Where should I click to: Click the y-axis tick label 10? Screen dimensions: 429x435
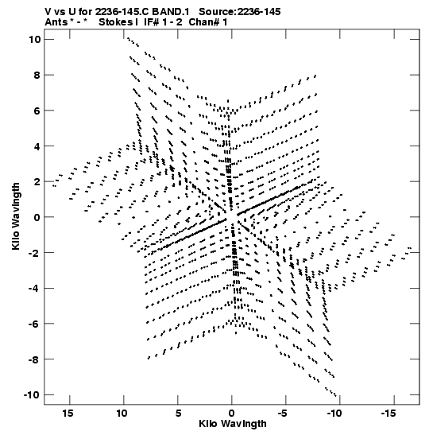click(35, 40)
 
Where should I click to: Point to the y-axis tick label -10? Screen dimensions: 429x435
click(32, 394)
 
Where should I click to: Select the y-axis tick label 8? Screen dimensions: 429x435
click(37, 75)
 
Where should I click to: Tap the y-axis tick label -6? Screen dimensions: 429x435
click(35, 324)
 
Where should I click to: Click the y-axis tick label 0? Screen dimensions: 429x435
click(37, 217)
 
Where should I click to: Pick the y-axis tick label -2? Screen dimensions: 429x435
click(35, 252)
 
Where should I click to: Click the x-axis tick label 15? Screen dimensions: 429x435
click(68, 414)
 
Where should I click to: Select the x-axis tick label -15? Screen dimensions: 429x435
click(388, 414)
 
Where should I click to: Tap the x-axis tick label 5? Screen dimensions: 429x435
click(178, 414)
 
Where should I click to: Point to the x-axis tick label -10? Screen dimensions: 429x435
click(334, 414)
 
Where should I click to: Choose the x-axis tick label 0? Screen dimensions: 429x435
click(232, 414)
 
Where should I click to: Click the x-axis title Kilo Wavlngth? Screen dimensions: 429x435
click(233, 424)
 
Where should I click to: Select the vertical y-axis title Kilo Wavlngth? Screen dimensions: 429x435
click(16, 216)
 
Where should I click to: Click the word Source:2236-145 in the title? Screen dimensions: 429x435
click(240, 12)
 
